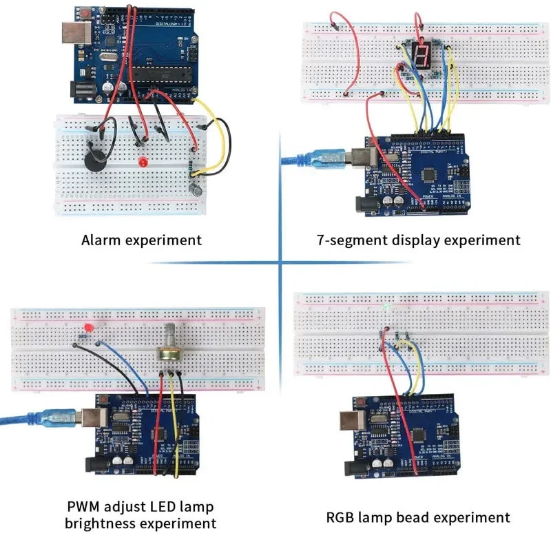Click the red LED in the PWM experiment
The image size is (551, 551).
tap(87, 326)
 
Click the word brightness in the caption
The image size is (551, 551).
tap(100, 523)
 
